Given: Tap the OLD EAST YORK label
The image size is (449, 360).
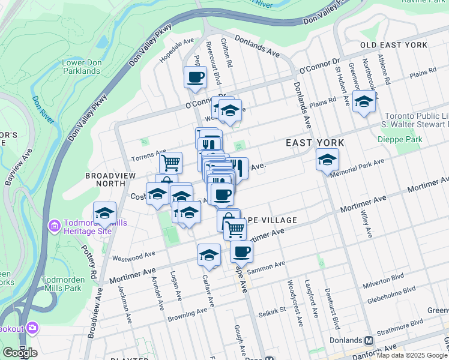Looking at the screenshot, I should (x=393, y=46).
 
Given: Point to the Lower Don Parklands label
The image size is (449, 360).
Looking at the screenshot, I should (x=81, y=67).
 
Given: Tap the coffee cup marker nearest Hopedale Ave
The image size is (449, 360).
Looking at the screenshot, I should (x=196, y=77).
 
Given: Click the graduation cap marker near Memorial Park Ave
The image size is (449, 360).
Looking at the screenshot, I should (x=327, y=160).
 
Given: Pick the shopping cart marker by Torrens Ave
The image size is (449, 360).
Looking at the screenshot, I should (x=170, y=161).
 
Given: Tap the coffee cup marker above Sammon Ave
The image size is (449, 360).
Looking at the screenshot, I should (x=241, y=251).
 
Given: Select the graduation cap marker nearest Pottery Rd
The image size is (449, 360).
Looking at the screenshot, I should (x=104, y=213).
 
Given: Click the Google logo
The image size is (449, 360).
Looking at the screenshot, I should (x=20, y=353).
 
